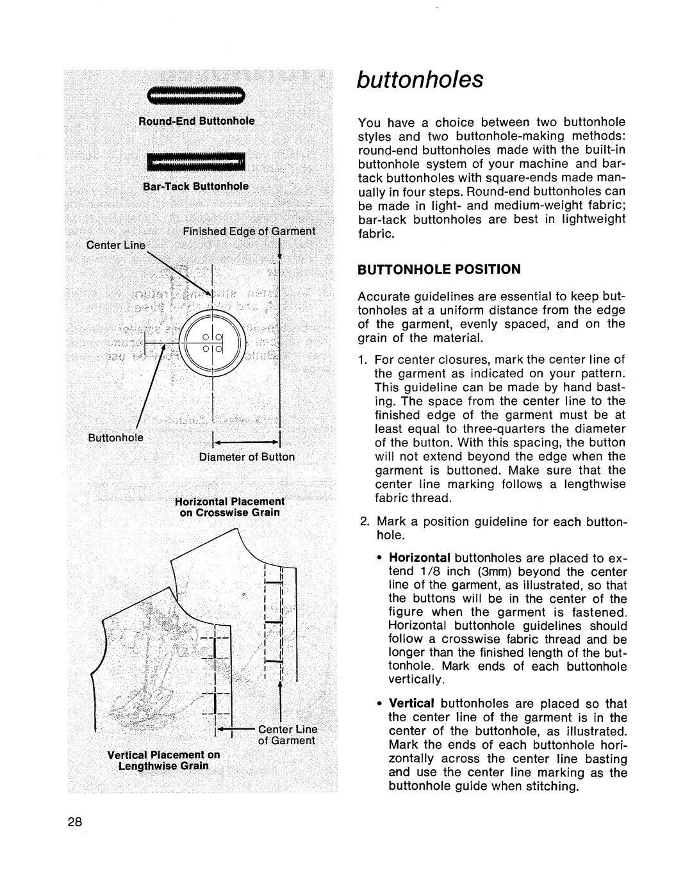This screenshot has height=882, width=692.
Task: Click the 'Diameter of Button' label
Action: (255, 457)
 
